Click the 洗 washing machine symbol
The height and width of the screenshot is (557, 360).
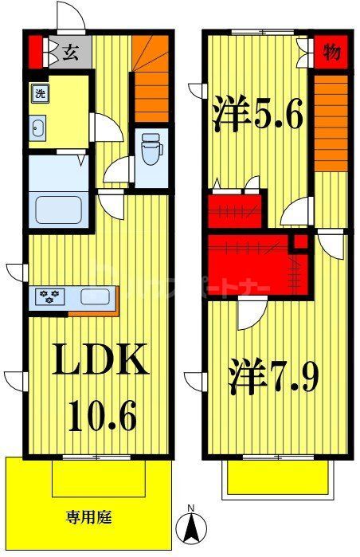(x=39, y=94)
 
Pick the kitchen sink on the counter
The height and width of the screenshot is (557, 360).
(x=97, y=298)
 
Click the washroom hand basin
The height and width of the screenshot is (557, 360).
(x=37, y=126)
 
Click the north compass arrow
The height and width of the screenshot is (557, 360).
(x=191, y=528)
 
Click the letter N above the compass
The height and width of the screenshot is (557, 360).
(x=191, y=507)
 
